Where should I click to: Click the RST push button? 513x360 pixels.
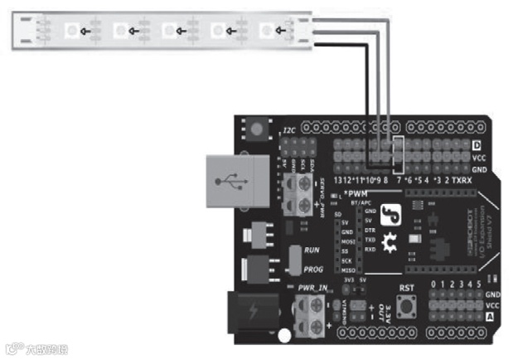(x=406, y=307)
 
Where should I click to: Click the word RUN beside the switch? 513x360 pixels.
(x=311, y=250)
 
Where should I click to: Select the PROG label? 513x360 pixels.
(x=313, y=270)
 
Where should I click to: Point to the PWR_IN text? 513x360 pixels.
(x=311, y=287)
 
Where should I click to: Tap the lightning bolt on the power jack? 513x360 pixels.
(x=251, y=313)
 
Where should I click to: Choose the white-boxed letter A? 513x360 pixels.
(x=489, y=317)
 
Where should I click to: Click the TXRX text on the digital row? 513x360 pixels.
(x=462, y=180)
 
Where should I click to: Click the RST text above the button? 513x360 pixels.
(x=406, y=289)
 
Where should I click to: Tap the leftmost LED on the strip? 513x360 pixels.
(x=71, y=31)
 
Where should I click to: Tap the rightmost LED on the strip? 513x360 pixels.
(x=267, y=30)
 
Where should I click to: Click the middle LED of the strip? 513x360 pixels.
(x=170, y=31)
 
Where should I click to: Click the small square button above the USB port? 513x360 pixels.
(x=256, y=130)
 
